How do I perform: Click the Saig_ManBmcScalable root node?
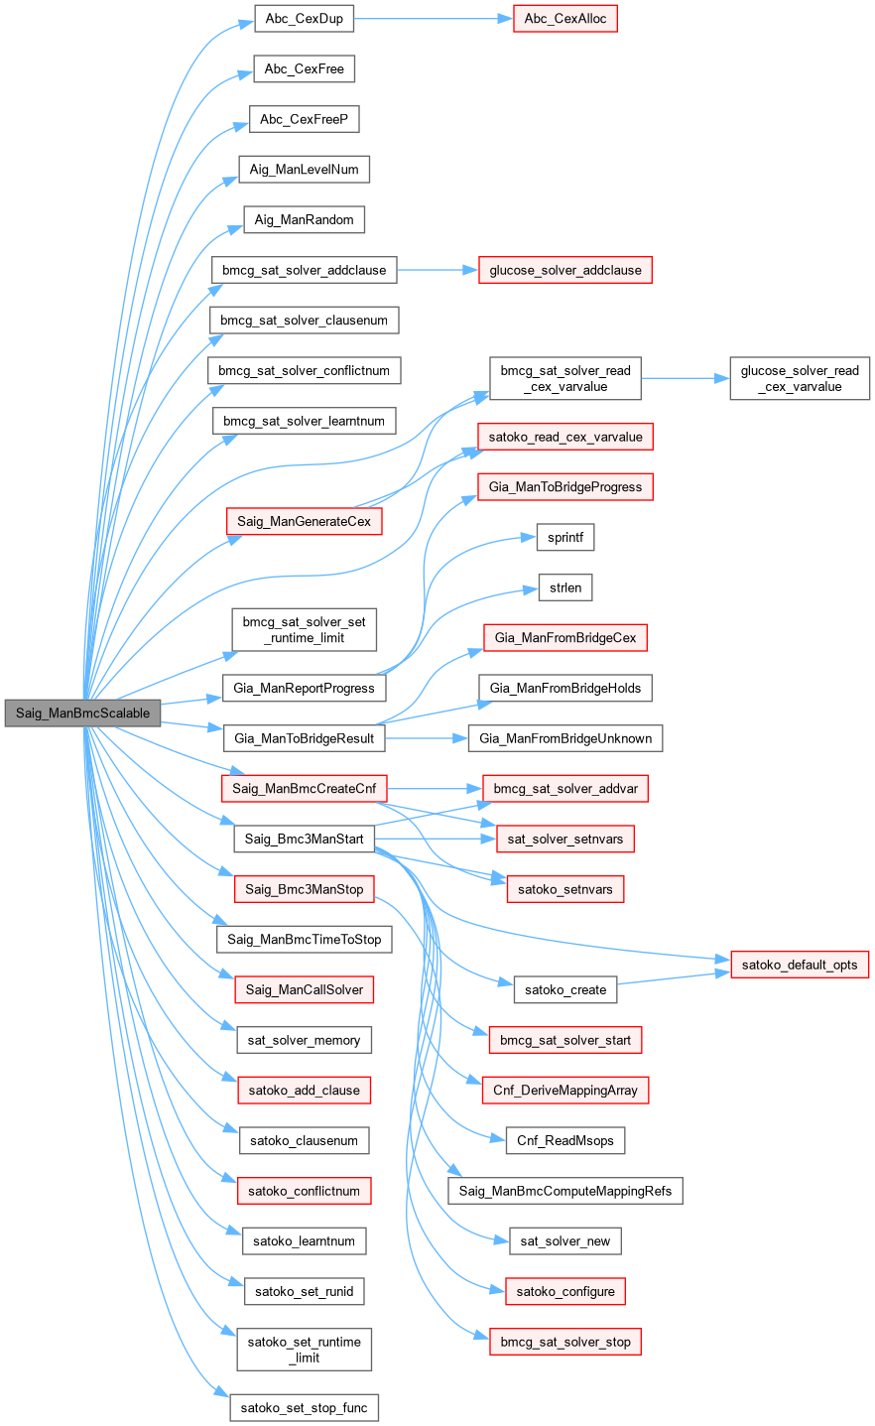[82, 713]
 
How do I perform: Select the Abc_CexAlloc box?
[565, 19]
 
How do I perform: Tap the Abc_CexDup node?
[305, 19]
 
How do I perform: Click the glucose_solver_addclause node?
[564, 270]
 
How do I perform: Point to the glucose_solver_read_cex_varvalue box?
[800, 378]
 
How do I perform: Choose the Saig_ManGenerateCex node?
[304, 521]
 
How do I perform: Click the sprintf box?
[565, 537]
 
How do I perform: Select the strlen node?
[565, 587]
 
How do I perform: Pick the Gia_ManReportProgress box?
[304, 688]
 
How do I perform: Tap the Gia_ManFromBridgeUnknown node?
[565, 738]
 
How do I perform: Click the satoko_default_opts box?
[800, 965]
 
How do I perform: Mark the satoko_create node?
[565, 989]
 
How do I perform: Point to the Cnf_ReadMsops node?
[565, 1140]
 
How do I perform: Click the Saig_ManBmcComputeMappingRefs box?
[565, 1191]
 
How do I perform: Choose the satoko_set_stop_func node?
[304, 1407]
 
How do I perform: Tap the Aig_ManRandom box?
[304, 219]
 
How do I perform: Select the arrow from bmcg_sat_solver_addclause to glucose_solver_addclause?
[437, 270]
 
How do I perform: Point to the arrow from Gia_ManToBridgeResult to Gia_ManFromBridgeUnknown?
[427, 738]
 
